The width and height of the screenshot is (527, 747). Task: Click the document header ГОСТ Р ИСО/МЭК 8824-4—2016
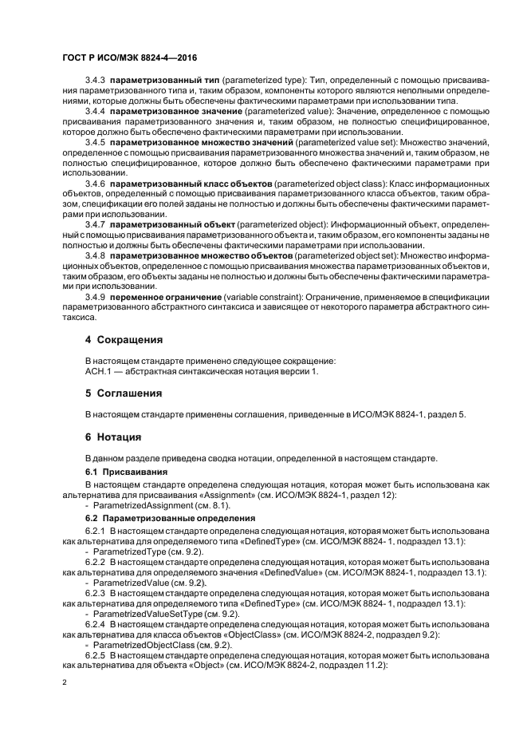pyautogui.click(x=130, y=58)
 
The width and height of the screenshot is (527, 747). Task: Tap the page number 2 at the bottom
pyautogui.click(x=65, y=684)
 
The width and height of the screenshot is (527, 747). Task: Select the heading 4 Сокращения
pyautogui.click(x=124, y=339)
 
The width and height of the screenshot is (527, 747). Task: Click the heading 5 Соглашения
pyautogui.click(x=124, y=393)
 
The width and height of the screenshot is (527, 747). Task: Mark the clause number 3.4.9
pyautogui.click(x=96, y=298)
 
